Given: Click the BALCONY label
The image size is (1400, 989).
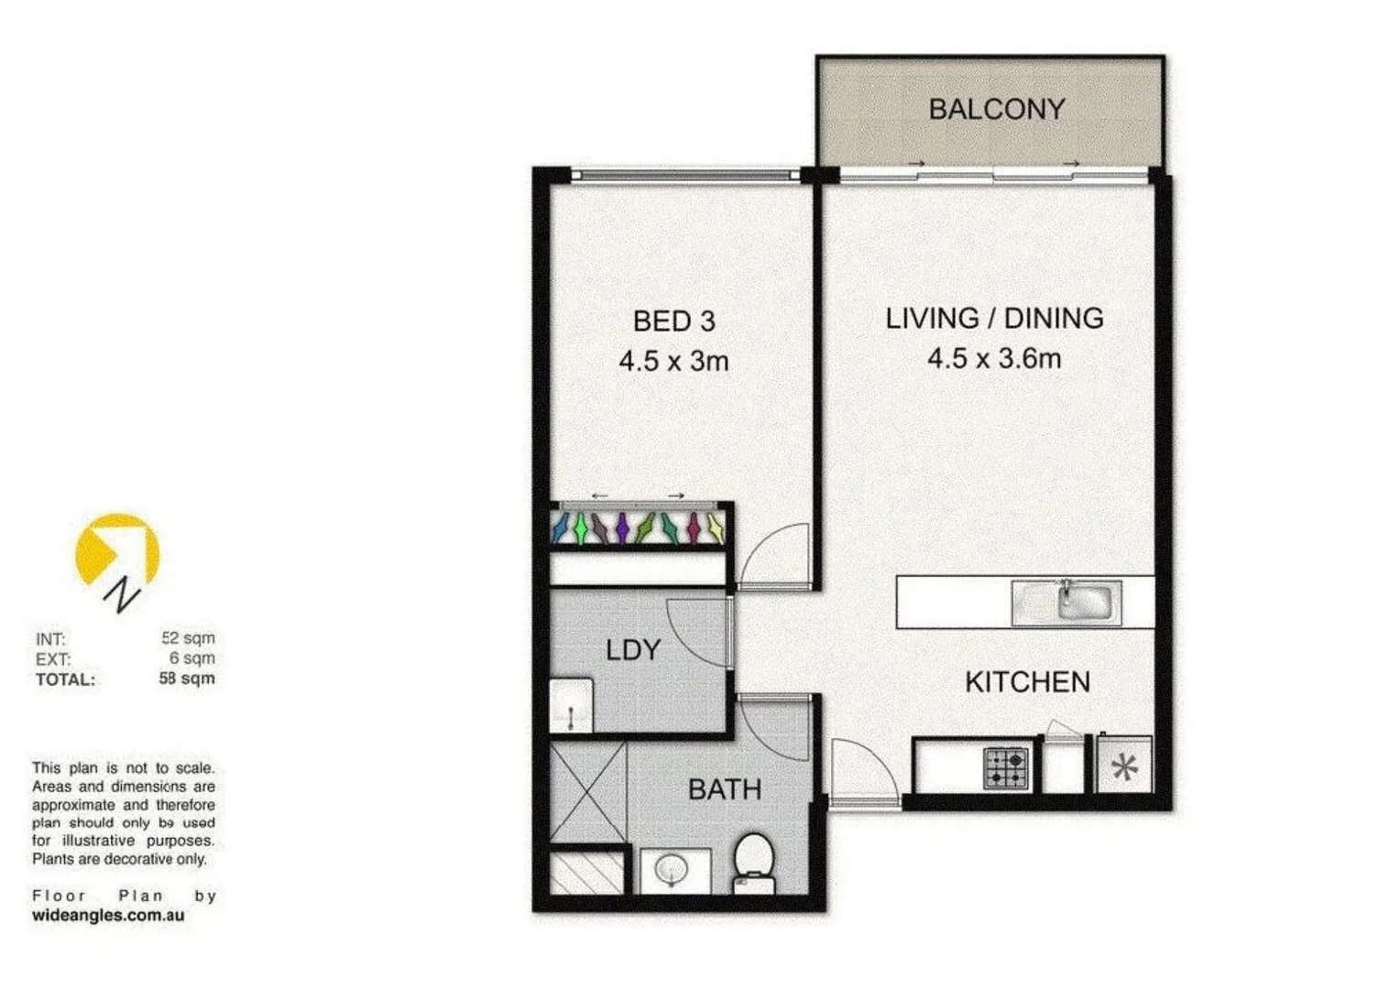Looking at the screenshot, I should click(996, 109).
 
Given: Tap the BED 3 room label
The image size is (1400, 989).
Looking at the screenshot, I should click(673, 321).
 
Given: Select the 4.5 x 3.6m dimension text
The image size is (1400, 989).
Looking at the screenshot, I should click(993, 358).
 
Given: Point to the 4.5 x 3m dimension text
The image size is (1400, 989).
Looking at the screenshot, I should click(673, 361).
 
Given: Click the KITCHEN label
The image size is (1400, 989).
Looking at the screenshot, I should click(1027, 681).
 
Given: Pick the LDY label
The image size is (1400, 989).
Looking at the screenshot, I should click(632, 650).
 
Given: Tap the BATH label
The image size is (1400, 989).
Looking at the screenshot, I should click(724, 789).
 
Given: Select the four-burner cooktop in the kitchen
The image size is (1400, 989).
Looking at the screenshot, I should click(1006, 767).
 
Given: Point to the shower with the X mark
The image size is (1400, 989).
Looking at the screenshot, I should click(587, 792).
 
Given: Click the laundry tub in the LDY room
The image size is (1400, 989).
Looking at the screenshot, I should click(571, 705).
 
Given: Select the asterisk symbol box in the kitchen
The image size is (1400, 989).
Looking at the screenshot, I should click(1123, 766).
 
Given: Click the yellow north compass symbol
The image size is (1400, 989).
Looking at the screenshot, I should click(117, 554).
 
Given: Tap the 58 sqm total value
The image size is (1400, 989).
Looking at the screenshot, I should click(187, 679).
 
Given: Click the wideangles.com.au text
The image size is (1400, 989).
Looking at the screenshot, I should click(108, 915).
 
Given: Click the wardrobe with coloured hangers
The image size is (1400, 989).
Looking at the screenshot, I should click(639, 528).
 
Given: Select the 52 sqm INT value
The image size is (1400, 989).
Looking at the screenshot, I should click(188, 637).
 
